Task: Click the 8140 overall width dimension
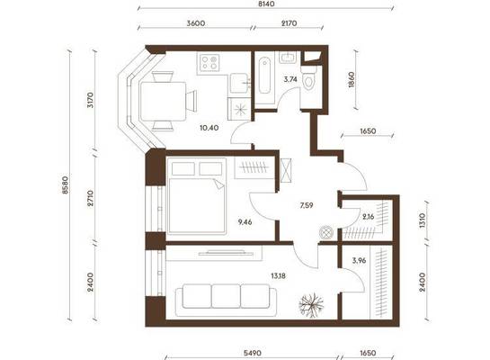pyautogui.click(x=266, y=4)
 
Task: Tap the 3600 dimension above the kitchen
pyautogui.click(x=196, y=23)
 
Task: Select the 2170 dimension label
pyautogui.click(x=290, y=23)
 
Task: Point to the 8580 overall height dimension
pyautogui.click(x=65, y=184)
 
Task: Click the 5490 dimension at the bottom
pyautogui.click(x=253, y=354)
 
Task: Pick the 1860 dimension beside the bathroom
pyautogui.click(x=352, y=79)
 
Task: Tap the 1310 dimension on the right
pyautogui.click(x=423, y=220)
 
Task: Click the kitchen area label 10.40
pyautogui.click(x=209, y=128)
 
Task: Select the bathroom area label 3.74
pyautogui.click(x=290, y=79)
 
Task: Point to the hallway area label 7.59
pyautogui.click(x=307, y=205)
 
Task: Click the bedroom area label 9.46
pyautogui.click(x=245, y=222)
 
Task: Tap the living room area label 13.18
pyautogui.click(x=278, y=276)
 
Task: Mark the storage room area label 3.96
pyautogui.click(x=359, y=260)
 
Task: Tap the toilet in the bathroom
pyautogui.click(x=308, y=79)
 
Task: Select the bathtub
pyautogui.click(x=264, y=75)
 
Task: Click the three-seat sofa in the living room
pyautogui.click(x=226, y=300)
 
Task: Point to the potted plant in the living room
pyautogui.click(x=311, y=305)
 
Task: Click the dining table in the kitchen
pyautogui.click(x=163, y=101)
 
